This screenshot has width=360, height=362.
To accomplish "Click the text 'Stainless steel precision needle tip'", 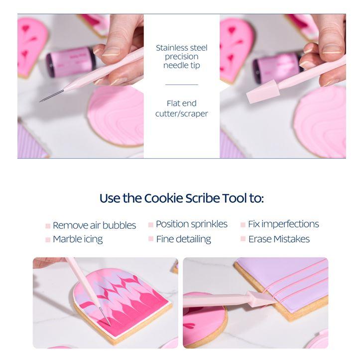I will click(181, 57).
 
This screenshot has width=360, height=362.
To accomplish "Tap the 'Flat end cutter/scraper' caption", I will click(181, 108).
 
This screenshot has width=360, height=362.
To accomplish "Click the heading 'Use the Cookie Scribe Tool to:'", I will click(181, 198).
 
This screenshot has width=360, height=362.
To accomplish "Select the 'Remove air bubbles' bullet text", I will click(94, 225).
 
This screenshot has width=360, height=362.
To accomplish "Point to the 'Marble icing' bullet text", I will click(78, 239).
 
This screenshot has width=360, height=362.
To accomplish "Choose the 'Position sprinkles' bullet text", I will click(191, 224).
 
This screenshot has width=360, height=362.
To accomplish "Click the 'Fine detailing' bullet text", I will click(183, 239).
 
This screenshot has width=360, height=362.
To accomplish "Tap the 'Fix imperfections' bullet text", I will click(283, 224).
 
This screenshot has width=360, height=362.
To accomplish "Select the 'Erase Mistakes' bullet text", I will click(279, 239).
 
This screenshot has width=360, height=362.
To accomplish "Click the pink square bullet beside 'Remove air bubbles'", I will click(48, 226).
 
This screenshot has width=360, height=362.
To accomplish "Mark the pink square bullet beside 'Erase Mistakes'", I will click(243, 239).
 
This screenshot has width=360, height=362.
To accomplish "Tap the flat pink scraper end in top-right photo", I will click(261, 91).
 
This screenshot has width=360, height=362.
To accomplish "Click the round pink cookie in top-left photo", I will click(116, 115).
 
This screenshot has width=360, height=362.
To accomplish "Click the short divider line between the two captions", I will click(181, 85).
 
